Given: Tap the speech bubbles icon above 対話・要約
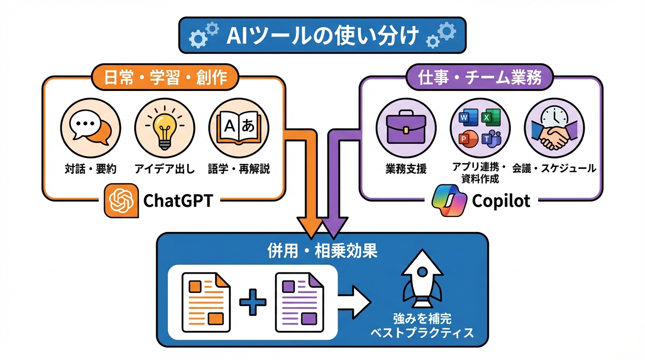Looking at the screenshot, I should click(x=90, y=127).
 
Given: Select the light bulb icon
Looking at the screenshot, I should click(x=164, y=127).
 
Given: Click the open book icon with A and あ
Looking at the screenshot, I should click(x=238, y=127).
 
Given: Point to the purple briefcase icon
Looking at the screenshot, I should click(x=406, y=127).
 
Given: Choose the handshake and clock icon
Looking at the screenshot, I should click(x=554, y=127).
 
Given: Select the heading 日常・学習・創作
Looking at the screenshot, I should click(x=164, y=77).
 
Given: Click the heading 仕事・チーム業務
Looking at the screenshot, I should click(x=479, y=77).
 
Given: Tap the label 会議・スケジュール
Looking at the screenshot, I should click(x=554, y=168).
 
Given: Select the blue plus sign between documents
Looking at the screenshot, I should click(x=253, y=302).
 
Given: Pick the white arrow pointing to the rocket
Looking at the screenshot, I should click(x=354, y=302).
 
